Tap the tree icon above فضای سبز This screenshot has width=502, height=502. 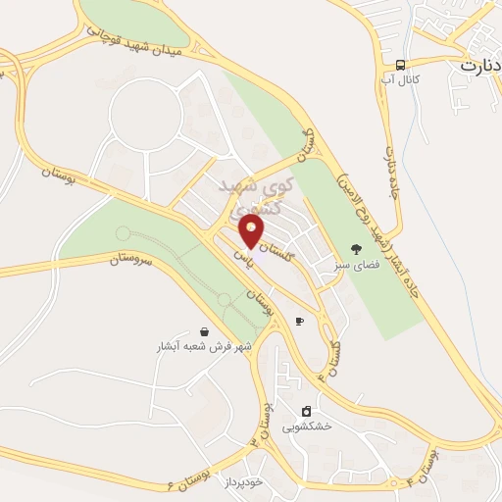coord(355,249)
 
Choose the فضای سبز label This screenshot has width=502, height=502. coord(355,265)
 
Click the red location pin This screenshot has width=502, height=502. coord(251,231)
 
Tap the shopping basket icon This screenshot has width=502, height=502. coord(204,331)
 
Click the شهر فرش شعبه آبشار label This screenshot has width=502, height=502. coord(204,347)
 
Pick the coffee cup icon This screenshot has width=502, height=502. coord(299,321)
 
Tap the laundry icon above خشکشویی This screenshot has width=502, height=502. coord(307,411)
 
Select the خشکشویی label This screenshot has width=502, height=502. coord(307,427)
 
